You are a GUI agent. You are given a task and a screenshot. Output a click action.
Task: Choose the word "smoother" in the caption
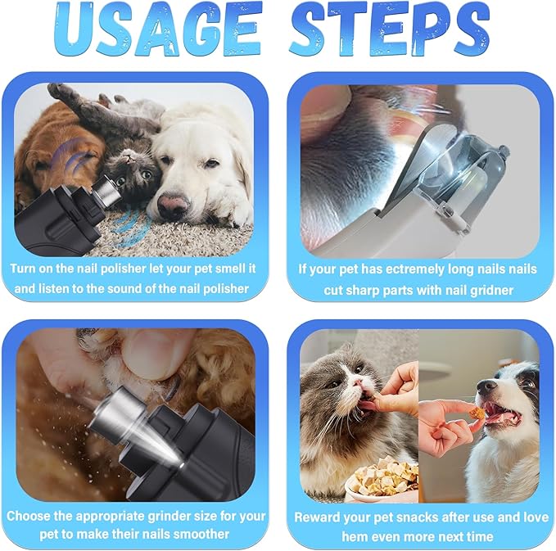[x=200, y=535]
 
